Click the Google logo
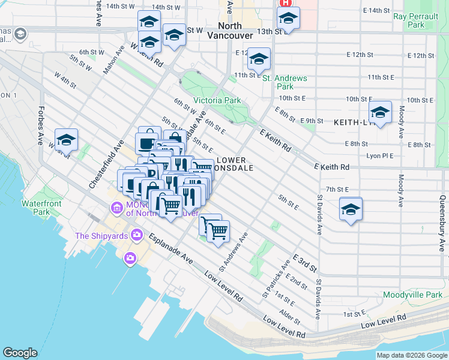(20, 353)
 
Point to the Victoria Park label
(217, 100)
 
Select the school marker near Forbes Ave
(66, 140)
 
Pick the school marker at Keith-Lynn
(380, 112)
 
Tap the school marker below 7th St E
(351, 209)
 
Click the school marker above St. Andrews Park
(259, 59)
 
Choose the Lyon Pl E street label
(379, 155)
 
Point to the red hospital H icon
(282, 3)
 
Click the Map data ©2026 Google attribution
(412, 355)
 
